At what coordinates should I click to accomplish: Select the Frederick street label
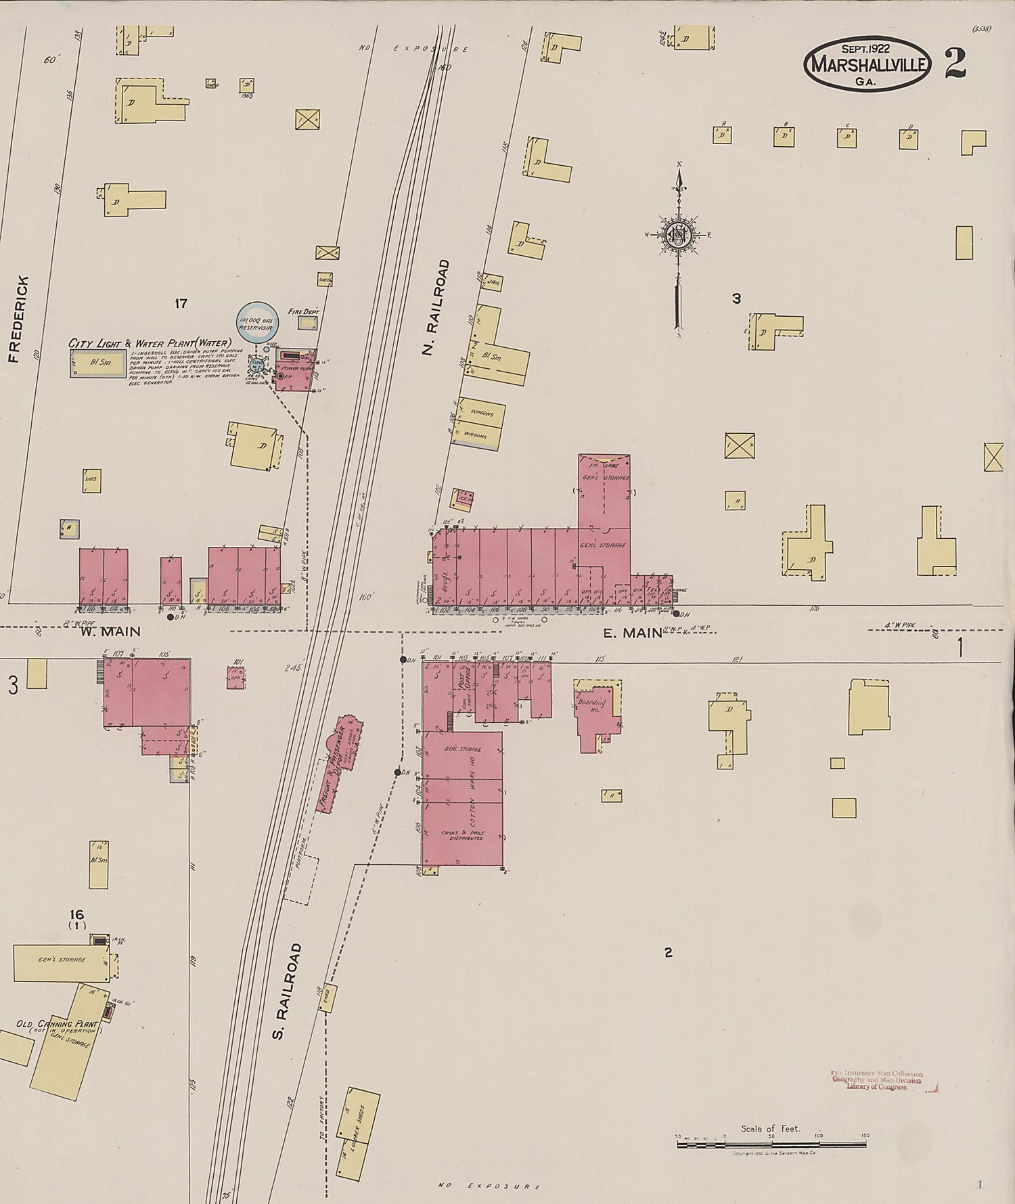coord(20,319)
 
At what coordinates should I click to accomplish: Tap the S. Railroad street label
coord(288,991)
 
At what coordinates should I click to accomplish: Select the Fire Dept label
coord(303,312)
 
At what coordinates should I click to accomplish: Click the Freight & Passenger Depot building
coord(339,764)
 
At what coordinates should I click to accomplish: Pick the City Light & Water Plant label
coord(150,343)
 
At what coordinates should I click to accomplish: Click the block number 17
coord(181,304)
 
